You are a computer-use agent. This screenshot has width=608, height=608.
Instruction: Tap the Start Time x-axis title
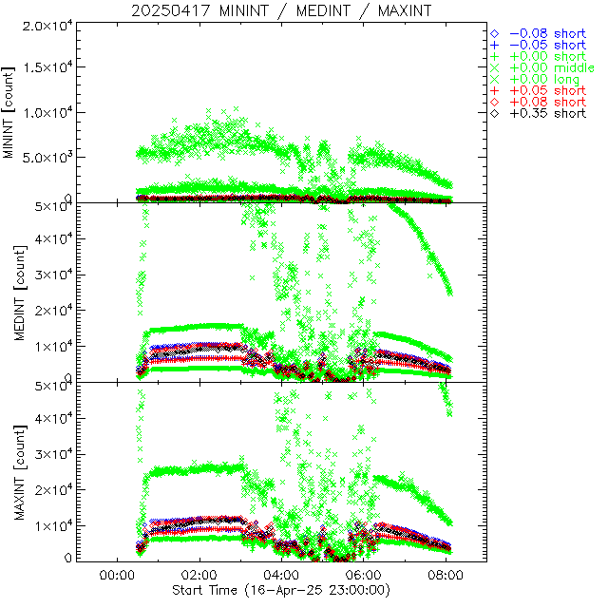tap(281, 589)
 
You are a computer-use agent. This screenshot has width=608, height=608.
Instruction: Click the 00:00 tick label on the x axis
tap(115, 575)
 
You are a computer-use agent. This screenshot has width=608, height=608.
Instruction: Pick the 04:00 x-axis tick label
tap(280, 575)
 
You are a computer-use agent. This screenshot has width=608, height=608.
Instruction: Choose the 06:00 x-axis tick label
tap(363, 575)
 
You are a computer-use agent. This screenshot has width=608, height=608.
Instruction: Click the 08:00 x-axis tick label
tap(446, 575)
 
